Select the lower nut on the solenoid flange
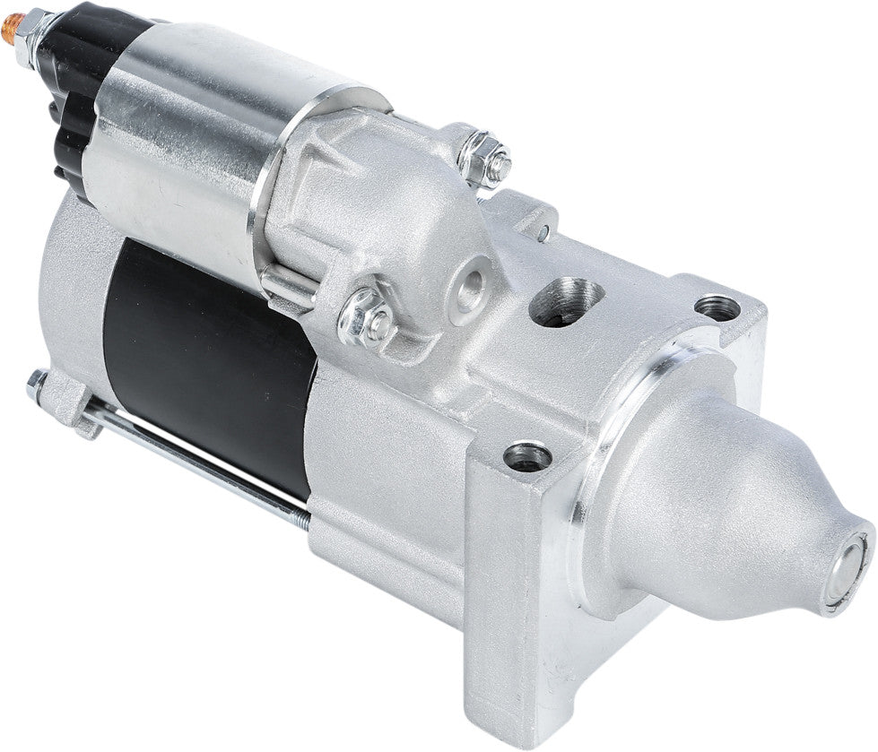click(x=368, y=315)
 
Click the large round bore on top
click(x=565, y=300)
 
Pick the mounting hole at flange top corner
click(x=717, y=307)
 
